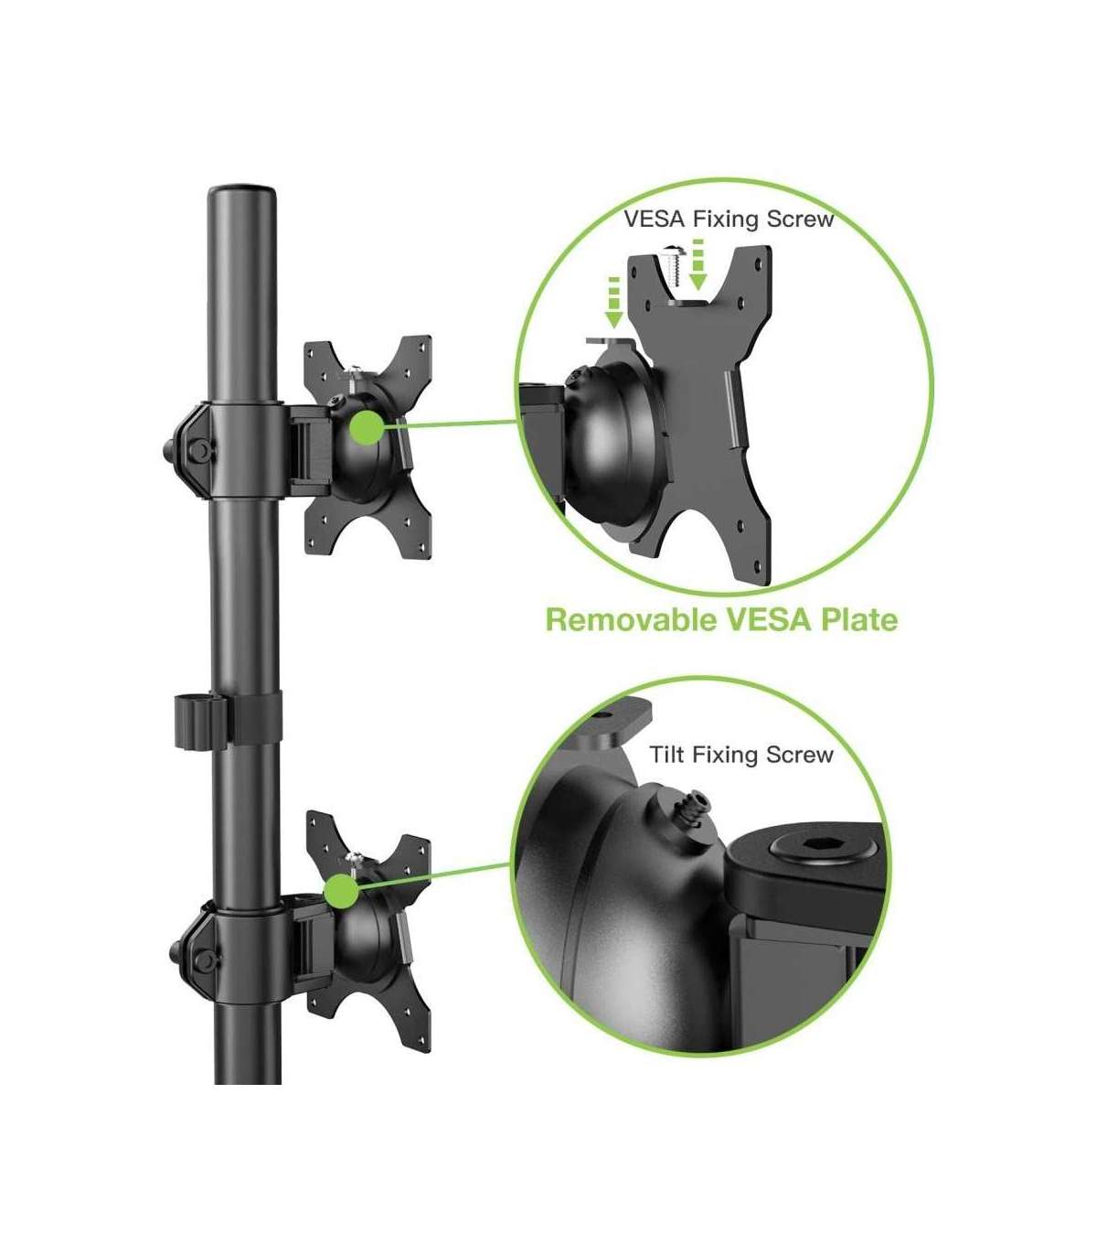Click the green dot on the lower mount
tap(341, 891)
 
